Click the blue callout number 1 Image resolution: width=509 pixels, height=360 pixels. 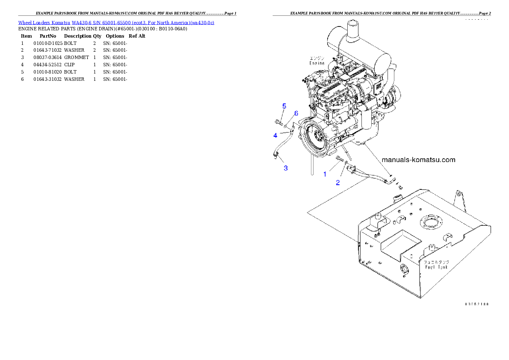point(325,174)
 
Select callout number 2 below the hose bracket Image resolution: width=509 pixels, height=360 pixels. point(338,183)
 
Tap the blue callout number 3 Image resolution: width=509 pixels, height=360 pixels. point(286,168)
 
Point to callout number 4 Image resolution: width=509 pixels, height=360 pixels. point(275,136)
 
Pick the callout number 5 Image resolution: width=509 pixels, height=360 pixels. point(284,106)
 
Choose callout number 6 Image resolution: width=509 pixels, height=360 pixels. point(296,113)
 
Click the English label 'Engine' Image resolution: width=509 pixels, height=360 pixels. point(317,63)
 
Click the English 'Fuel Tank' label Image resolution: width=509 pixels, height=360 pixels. point(437,267)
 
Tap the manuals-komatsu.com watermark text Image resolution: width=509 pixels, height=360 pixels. point(418,160)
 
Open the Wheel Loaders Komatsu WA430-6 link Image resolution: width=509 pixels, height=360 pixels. point(116,22)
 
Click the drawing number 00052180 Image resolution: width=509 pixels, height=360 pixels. point(477,304)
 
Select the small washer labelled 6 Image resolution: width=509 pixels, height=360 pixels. point(286,127)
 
